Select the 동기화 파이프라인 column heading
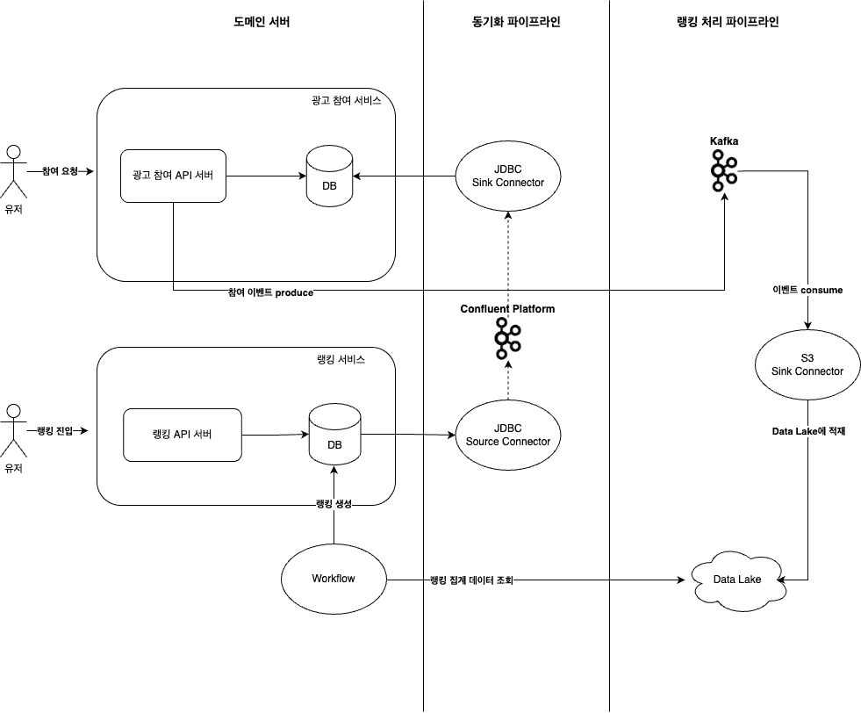tap(516, 22)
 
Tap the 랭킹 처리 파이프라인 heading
tap(723, 22)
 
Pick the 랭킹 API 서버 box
tap(183, 435)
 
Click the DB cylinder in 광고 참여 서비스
tap(330, 177)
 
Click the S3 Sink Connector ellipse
tap(807, 364)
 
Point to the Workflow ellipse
tap(334, 579)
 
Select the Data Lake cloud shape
tap(736, 580)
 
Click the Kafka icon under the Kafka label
tap(724, 170)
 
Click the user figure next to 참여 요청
tap(12, 171)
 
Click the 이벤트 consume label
tap(807, 289)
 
